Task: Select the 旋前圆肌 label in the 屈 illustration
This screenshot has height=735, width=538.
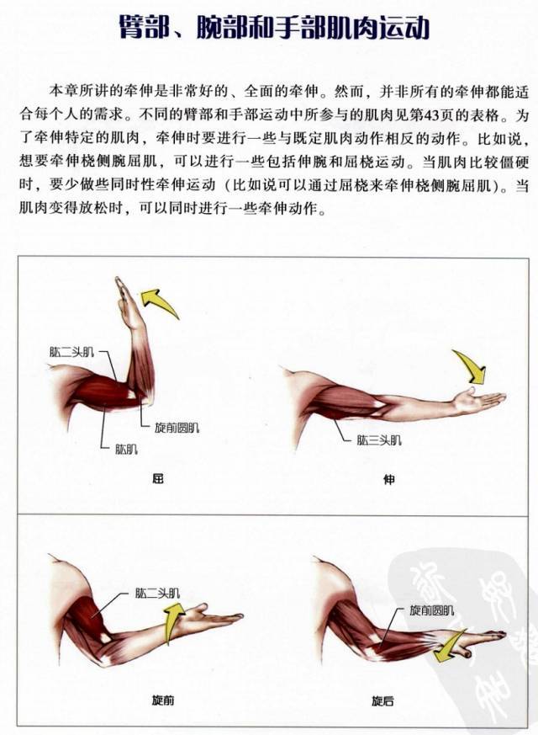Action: coord(177,428)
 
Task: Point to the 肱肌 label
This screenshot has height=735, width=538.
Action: coord(126,448)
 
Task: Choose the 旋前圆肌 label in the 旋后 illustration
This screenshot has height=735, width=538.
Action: coord(431,610)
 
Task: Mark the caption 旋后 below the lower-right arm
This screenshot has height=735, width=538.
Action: coord(382,700)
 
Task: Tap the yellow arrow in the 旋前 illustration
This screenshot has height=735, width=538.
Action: coord(174,624)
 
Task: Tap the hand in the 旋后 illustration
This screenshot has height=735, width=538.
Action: coord(484,639)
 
